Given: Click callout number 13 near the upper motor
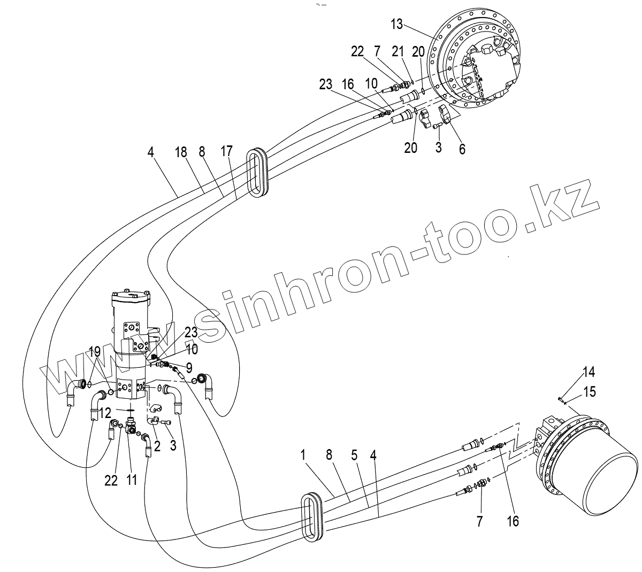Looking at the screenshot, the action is tap(396, 24).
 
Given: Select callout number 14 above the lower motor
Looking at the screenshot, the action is tap(588, 372).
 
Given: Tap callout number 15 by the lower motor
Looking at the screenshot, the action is tap(588, 392).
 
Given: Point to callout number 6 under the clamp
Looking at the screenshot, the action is tap(461, 148).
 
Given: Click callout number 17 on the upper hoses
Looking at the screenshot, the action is tap(226, 151).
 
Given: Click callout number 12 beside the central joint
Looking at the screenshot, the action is tap(105, 412).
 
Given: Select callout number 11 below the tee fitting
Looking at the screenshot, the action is tap(131, 480).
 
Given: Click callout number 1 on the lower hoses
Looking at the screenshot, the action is tap(303, 455).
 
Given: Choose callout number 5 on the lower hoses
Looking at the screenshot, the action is tap(354, 455).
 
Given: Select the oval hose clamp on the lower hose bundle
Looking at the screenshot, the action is tap(312, 516).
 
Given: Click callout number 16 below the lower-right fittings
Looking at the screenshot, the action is tap(513, 521).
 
